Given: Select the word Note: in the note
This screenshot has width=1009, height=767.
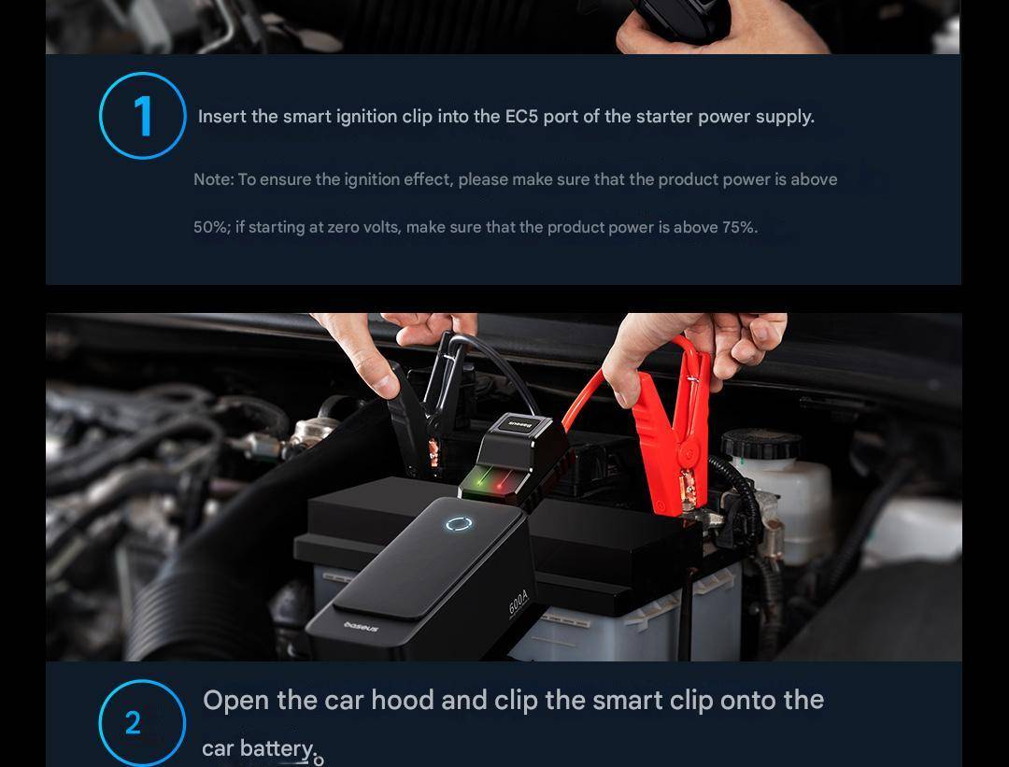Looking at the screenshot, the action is (214, 179).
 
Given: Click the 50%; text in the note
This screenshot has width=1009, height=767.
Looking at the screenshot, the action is (212, 228).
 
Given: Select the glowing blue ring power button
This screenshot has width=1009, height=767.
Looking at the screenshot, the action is (459, 524).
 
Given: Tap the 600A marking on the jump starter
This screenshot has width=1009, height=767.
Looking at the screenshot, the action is (518, 603).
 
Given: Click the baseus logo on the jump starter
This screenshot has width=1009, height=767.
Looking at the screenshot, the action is (362, 626).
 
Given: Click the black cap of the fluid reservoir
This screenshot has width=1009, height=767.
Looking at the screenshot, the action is (761, 444).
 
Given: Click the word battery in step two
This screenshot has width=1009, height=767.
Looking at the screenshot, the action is (277, 749).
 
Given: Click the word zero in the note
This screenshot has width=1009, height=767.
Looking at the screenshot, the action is (344, 228).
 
